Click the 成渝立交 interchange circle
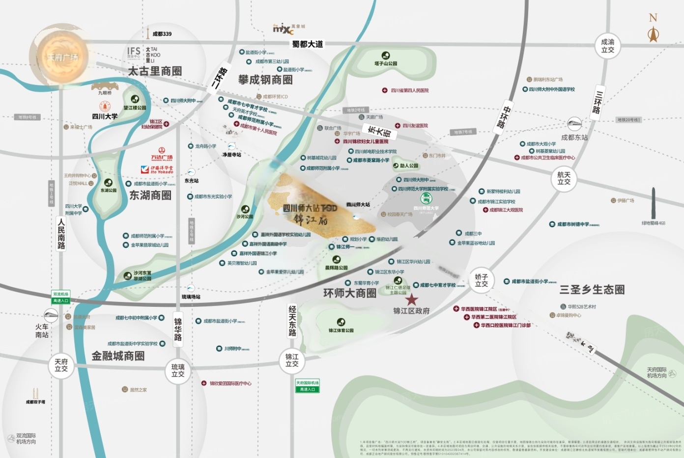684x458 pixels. [608, 46]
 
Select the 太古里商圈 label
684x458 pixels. [155, 71]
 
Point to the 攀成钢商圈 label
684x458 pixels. [265, 80]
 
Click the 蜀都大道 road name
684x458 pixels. [308, 44]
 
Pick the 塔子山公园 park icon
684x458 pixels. [386, 55]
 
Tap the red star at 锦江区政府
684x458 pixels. [411, 299]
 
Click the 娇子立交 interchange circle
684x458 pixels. [482, 280]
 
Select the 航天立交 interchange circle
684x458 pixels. [564, 178]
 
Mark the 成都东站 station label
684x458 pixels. [574, 137]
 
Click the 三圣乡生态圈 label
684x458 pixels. [592, 289]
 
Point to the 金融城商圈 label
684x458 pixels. [118, 356]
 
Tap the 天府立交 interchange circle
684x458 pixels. [61, 365]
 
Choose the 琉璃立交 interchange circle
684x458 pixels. [178, 370]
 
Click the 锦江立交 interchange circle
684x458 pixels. [292, 360]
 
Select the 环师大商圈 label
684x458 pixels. [349, 293]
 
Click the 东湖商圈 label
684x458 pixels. [150, 195]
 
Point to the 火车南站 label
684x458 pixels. [42, 330]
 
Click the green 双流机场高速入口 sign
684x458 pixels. [61, 297]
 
